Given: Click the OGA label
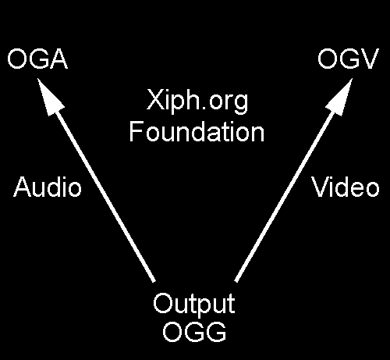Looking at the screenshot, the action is pyautogui.click(x=37, y=59).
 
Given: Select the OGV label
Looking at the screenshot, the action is pyautogui.click(x=348, y=59).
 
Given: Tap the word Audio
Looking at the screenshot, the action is pyautogui.click(x=48, y=187).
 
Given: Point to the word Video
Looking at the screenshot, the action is pyautogui.click(x=345, y=187).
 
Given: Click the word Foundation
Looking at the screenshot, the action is pyautogui.click(x=197, y=132).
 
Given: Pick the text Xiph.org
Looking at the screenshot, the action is pyautogui.click(x=197, y=102).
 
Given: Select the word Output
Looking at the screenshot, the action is pyautogui.click(x=194, y=304).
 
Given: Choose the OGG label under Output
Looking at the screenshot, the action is pyautogui.click(x=194, y=331).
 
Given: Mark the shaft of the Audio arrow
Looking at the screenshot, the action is pyautogui.click(x=105, y=196).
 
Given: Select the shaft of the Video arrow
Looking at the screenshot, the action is pyautogui.click(x=285, y=196).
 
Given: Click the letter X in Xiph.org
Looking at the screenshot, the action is pyautogui.click(x=155, y=100).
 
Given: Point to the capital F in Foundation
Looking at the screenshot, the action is pyautogui.click(x=136, y=132).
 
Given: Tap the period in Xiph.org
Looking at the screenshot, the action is pyautogui.click(x=200, y=108).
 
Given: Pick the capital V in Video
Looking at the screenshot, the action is pyautogui.click(x=321, y=187).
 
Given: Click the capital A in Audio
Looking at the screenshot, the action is pyautogui.click(x=23, y=187).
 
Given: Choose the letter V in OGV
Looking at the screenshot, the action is pyautogui.click(x=370, y=59).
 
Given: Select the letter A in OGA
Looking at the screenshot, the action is pyautogui.click(x=58, y=59).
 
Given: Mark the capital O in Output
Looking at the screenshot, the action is pyautogui.click(x=163, y=303).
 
